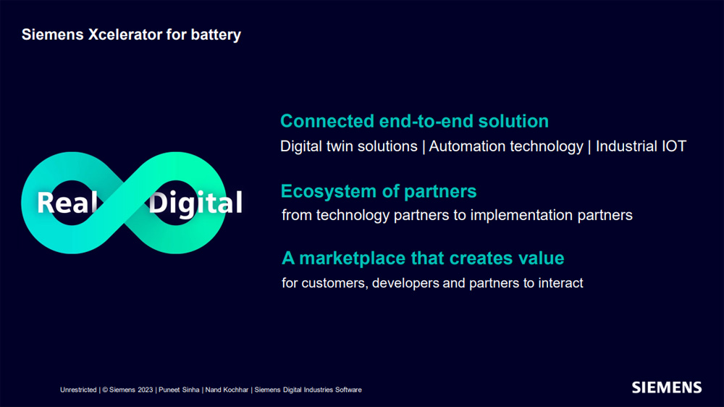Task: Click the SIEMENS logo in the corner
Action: (667, 387)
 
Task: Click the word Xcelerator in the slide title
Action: (125, 35)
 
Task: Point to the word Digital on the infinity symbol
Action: (195, 204)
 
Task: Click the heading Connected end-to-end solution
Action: (414, 121)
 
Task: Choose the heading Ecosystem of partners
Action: (379, 191)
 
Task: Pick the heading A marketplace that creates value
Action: (423, 258)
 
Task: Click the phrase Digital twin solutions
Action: (349, 146)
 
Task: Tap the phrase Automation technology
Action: (506, 146)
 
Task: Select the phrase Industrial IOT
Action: (641, 146)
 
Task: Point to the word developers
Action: (405, 282)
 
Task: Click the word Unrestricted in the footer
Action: (78, 390)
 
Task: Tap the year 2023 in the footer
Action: (145, 390)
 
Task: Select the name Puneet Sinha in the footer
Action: (179, 390)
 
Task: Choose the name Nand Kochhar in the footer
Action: (227, 390)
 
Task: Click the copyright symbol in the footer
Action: (105, 390)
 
